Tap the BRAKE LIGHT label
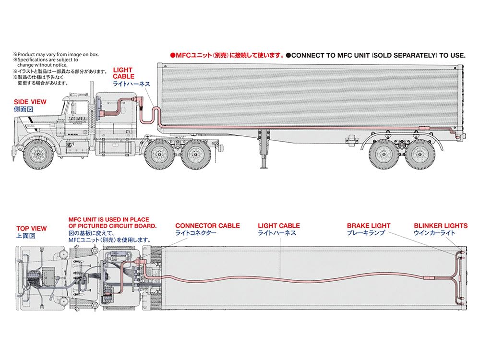coord(369,226)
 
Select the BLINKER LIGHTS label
coord(441,226)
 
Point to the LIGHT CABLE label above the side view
coord(123,73)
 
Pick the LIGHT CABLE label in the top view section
coord(279,226)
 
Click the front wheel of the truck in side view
coord(39,153)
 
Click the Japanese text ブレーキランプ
coord(366,233)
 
